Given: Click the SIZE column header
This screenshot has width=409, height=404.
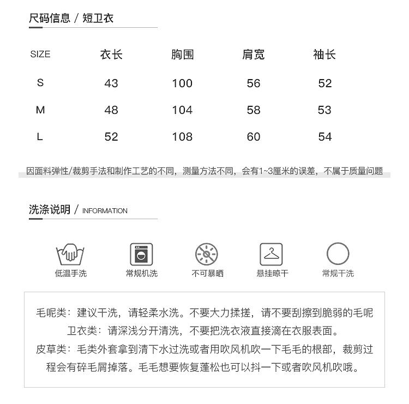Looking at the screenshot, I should coord(40,54).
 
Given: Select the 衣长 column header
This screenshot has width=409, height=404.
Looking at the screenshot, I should coord(111,55).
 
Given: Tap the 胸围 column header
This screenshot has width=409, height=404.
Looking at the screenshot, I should coord(182,55).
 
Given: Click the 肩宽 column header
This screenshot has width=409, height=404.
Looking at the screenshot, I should coord(254,55).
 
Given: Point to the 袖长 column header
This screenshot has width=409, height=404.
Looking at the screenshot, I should coord(324,55).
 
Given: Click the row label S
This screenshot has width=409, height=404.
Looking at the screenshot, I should coord(40,83).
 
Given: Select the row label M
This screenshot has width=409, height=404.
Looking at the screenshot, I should coord(40,110).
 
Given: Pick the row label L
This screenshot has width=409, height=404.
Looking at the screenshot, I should coord(40,137).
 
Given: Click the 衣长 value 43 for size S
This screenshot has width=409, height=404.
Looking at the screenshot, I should coord(111,83).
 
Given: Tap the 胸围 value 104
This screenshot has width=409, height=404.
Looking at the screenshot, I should coord(182,110).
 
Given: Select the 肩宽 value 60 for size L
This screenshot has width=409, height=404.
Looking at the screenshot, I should coord(254,137).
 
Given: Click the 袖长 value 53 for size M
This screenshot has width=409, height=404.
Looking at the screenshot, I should coord(324,110).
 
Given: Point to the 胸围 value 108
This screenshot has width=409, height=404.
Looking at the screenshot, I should coord(182,137).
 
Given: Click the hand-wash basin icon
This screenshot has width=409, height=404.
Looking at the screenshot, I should coord(71,254).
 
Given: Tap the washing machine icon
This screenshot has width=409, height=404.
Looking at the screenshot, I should coord(141,254).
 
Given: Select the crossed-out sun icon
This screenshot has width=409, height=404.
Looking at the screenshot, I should coord(207,254).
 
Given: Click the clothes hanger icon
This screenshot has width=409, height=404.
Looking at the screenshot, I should coord(271,254).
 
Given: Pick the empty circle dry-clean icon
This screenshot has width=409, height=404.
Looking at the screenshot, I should coord(338,254).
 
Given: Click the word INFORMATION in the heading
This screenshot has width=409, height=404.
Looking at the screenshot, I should coord(105,211).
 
